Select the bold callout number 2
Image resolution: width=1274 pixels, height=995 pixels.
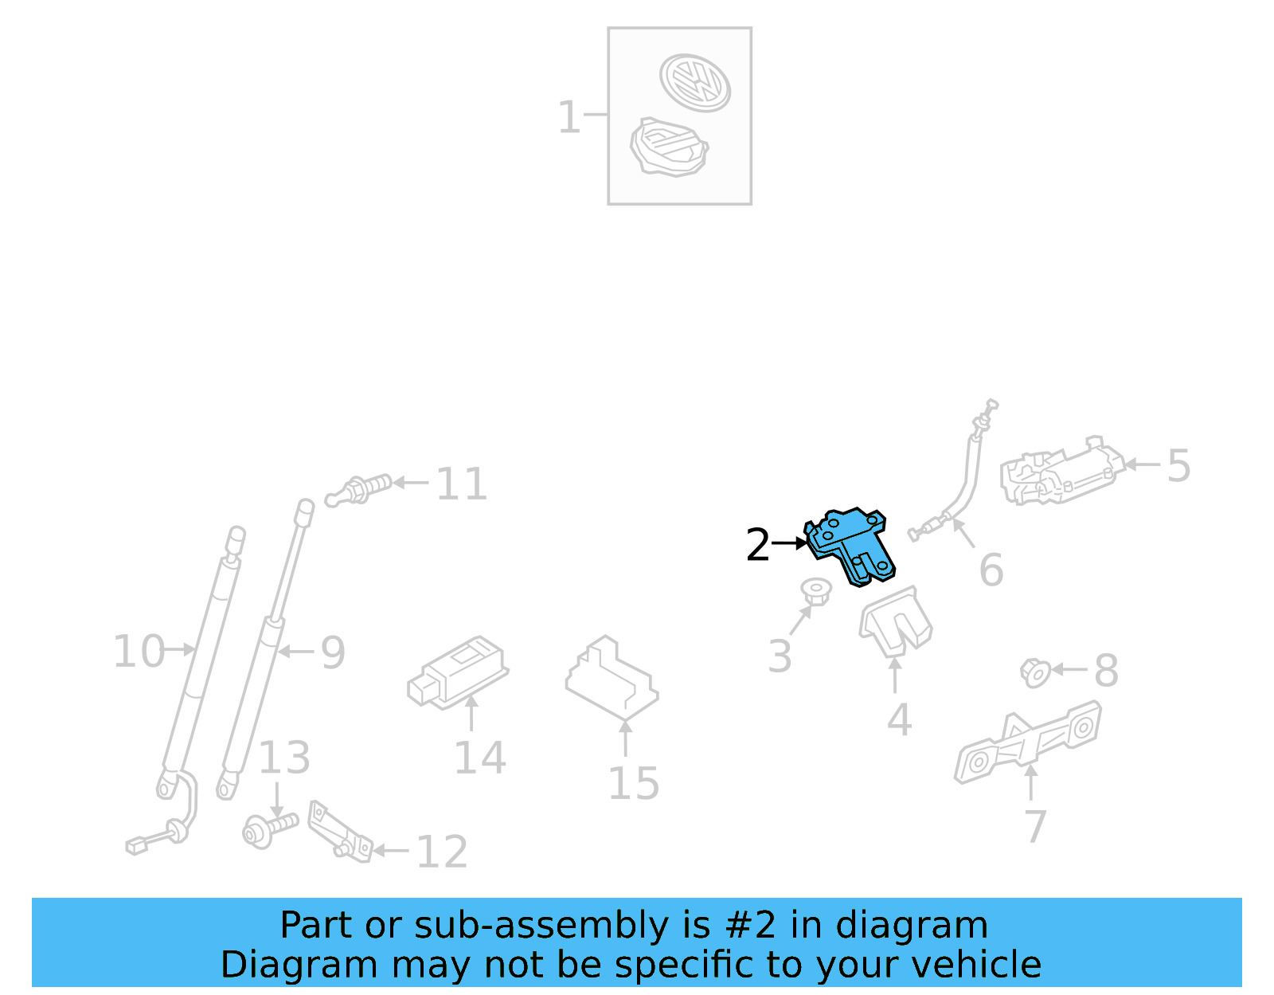coord(757,546)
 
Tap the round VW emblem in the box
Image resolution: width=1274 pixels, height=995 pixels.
coord(694,82)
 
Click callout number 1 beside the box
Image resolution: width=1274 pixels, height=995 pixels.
coord(569,117)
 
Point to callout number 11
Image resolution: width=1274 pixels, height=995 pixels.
coord(461,484)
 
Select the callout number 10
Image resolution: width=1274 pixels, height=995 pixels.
coord(138,652)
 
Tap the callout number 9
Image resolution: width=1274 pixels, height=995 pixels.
coord(333,653)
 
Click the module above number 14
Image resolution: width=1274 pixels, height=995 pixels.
coord(458,672)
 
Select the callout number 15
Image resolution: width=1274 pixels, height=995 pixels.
coord(633,784)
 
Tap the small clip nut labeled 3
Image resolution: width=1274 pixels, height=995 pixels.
coord(815,591)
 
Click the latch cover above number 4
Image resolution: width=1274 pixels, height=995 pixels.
coord(895,621)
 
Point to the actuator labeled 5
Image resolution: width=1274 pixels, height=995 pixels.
coord(1061,472)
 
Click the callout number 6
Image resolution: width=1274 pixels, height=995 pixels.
coord(991,570)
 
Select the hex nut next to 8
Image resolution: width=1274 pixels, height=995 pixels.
coord(1035,672)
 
